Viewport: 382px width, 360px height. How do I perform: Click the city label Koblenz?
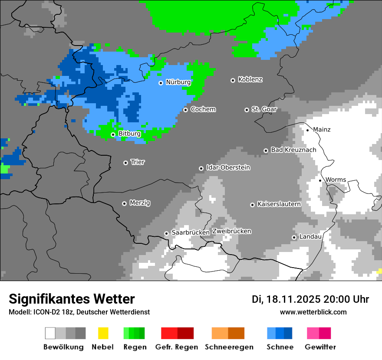[250, 80]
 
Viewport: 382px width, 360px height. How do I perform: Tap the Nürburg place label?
[178, 82]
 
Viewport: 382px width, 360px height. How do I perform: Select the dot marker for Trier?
[126, 163]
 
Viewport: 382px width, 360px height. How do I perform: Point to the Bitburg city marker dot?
[113, 134]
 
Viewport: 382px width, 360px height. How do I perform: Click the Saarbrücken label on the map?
[191, 232]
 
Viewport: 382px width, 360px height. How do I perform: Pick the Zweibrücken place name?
[231, 231]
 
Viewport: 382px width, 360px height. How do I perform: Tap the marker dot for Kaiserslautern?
[252, 205]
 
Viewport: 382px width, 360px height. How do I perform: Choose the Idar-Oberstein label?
[228, 167]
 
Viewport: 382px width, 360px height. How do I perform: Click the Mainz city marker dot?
[307, 130]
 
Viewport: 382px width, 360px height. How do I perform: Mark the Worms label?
[336, 180]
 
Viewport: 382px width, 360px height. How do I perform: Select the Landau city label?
[310, 237]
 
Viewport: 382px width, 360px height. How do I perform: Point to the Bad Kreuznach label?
[293, 150]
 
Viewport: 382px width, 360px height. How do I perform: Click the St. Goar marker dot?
[247, 110]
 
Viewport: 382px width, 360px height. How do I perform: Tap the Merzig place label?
[140, 203]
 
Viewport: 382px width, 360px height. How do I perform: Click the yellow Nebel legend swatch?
[103, 333]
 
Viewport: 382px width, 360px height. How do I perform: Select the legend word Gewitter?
[320, 347]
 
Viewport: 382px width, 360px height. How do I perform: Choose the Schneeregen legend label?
[228, 347]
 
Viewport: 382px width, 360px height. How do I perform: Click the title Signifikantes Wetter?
[72, 299]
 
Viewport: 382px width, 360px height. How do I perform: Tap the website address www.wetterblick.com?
[313, 312]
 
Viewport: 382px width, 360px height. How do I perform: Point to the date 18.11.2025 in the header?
[292, 299]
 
